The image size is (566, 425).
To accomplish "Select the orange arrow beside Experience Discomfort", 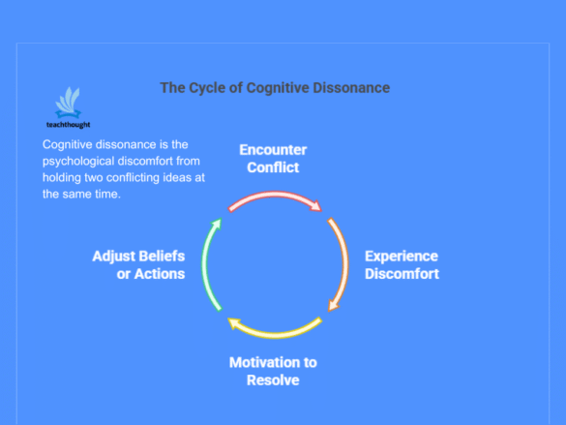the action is click(x=345, y=263).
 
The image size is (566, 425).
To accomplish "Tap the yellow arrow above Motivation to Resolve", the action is click(x=275, y=334).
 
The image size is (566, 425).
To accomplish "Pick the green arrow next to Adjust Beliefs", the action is click(x=204, y=263).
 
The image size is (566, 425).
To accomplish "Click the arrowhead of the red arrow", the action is click(x=315, y=205).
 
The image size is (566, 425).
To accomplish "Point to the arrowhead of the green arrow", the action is click(x=217, y=224).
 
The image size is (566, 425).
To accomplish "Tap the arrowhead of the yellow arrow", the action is click(x=234, y=323).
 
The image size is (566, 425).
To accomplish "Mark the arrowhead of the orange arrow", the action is click(x=333, y=305).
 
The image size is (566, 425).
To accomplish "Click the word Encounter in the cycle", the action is click(x=273, y=150).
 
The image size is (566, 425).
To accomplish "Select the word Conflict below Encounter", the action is click(x=273, y=167).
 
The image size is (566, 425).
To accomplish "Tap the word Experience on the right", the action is click(x=402, y=257).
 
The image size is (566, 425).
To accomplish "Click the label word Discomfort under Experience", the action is click(x=402, y=274).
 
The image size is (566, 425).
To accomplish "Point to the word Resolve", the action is click(x=273, y=380).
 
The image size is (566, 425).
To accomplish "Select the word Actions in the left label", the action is click(x=160, y=274).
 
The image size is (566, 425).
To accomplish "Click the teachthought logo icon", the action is click(x=68, y=103).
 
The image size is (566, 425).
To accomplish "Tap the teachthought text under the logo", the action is click(x=69, y=125).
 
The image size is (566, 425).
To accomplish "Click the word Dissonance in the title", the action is click(x=351, y=88).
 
